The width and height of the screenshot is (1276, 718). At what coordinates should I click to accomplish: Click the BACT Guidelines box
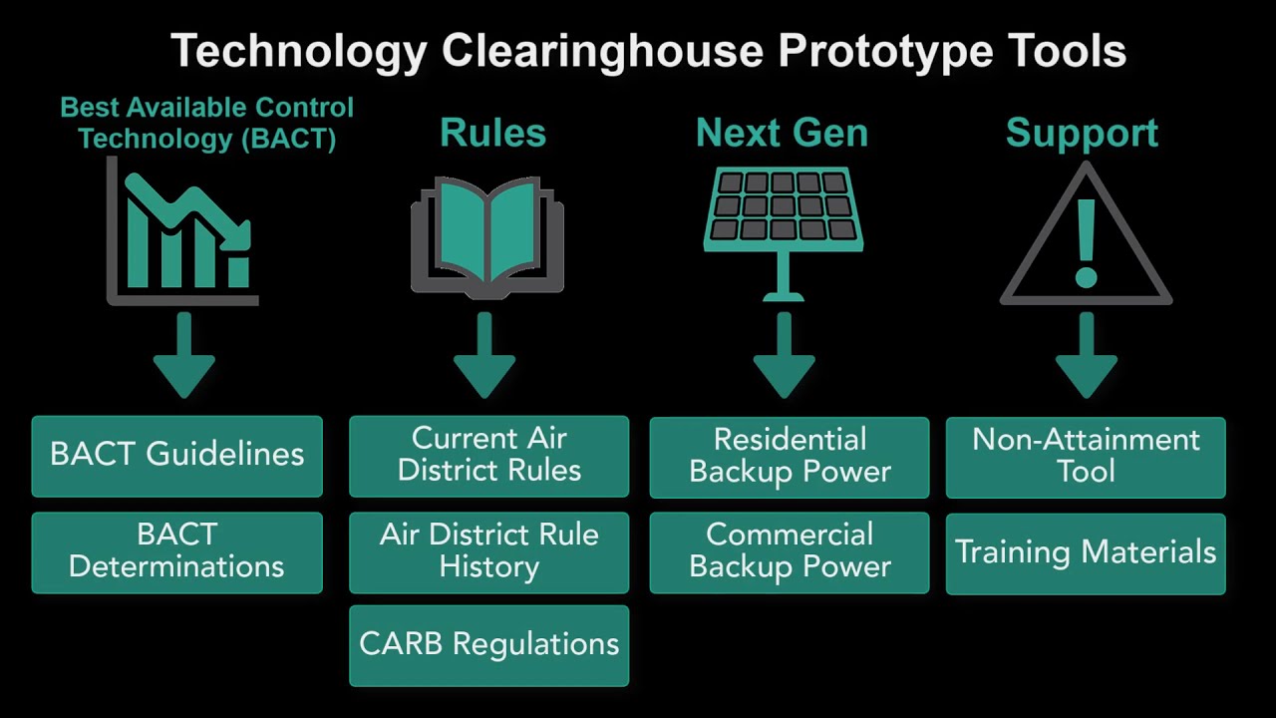[x=176, y=456]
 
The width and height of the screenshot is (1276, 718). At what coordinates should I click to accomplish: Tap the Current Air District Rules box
[x=488, y=456]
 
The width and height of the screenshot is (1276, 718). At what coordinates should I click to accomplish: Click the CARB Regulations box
[x=488, y=645]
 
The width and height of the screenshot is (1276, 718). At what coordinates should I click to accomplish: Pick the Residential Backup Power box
[x=790, y=457]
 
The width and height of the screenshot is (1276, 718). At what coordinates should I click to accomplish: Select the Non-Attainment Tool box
[x=1086, y=457]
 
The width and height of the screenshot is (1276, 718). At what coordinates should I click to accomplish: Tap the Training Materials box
[x=1086, y=553]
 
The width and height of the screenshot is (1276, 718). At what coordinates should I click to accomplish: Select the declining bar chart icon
[x=184, y=234]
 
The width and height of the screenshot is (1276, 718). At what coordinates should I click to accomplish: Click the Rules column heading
[x=492, y=133]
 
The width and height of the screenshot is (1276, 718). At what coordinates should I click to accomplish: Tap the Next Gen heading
[x=782, y=133]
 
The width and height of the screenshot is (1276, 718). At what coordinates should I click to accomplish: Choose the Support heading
[x=1082, y=133]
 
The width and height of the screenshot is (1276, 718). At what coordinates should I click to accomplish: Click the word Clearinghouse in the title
[x=603, y=50]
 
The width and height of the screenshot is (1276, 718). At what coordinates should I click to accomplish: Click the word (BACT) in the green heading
[x=288, y=139]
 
